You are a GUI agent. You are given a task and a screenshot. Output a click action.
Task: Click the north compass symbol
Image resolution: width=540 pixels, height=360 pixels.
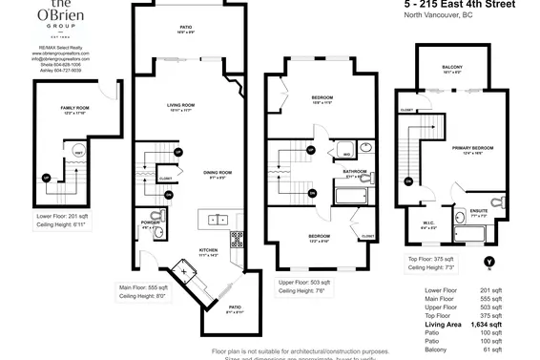[489, 261]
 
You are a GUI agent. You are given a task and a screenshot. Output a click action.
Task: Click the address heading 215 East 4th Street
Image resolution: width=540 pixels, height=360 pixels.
[454, 6]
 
